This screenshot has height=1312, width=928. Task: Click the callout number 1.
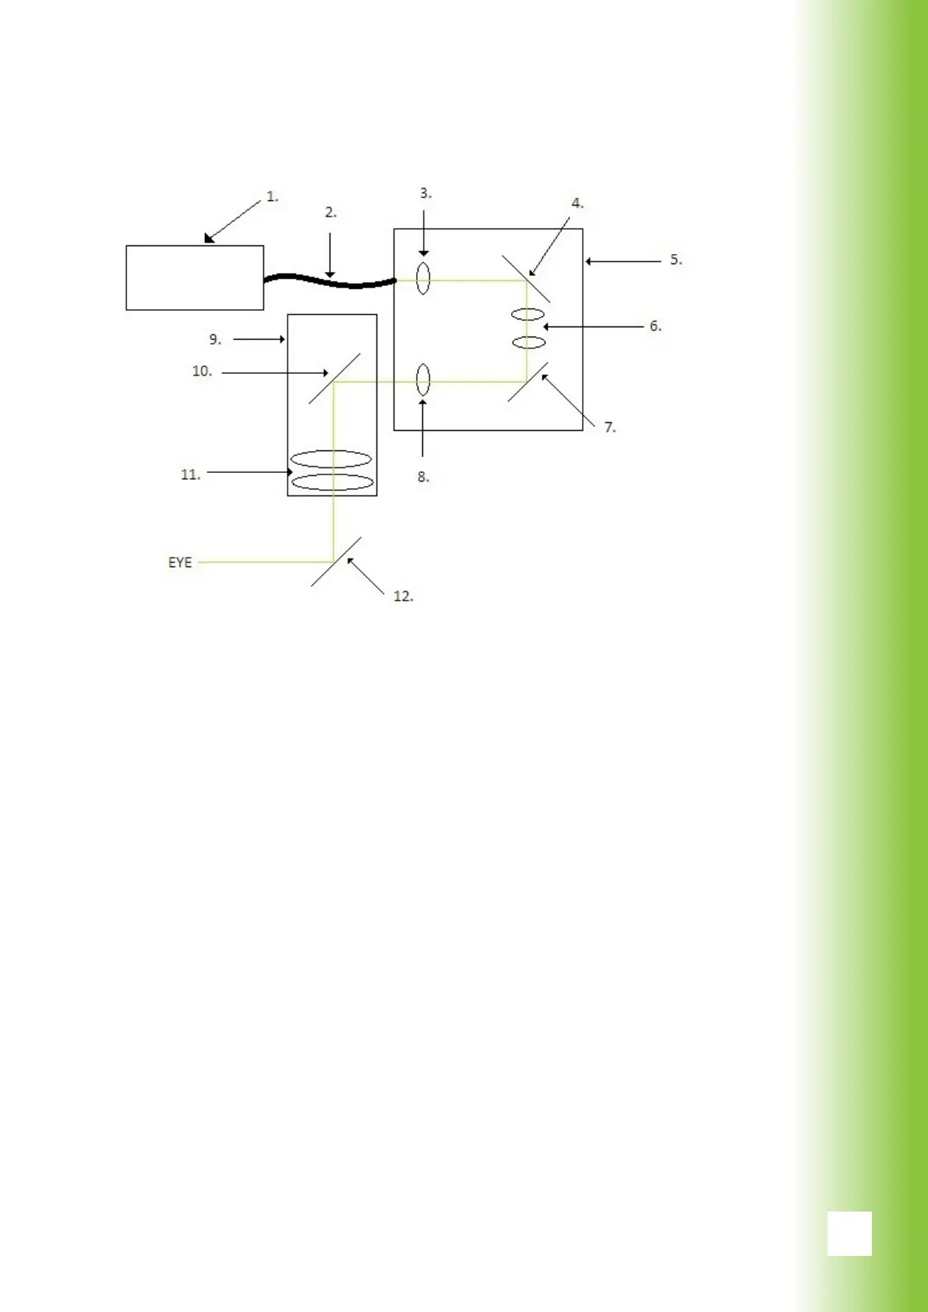[272, 197]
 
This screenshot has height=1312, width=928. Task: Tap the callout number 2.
[330, 213]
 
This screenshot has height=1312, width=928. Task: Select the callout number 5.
[676, 260]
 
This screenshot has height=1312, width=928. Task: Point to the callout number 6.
[655, 326]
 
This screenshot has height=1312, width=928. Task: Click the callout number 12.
[403, 597]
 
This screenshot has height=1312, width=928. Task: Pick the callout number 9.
[215, 340]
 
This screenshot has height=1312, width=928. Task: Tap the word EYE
[180, 563]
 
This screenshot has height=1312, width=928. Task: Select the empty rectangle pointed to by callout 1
[195, 278]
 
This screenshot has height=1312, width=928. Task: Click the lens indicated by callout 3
[423, 279]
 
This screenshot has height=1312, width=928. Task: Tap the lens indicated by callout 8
[423, 381]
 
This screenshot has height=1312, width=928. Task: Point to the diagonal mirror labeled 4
[526, 278]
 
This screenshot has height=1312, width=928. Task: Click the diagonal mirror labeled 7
[528, 381]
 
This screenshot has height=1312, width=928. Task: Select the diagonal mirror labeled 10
[334, 379]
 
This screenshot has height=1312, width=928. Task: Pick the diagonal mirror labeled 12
[336, 561]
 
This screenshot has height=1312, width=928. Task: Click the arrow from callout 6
[592, 326]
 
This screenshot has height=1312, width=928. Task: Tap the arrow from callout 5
[623, 262]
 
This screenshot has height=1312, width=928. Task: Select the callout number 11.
[190, 474]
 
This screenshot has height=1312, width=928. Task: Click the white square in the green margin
[849, 1233]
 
